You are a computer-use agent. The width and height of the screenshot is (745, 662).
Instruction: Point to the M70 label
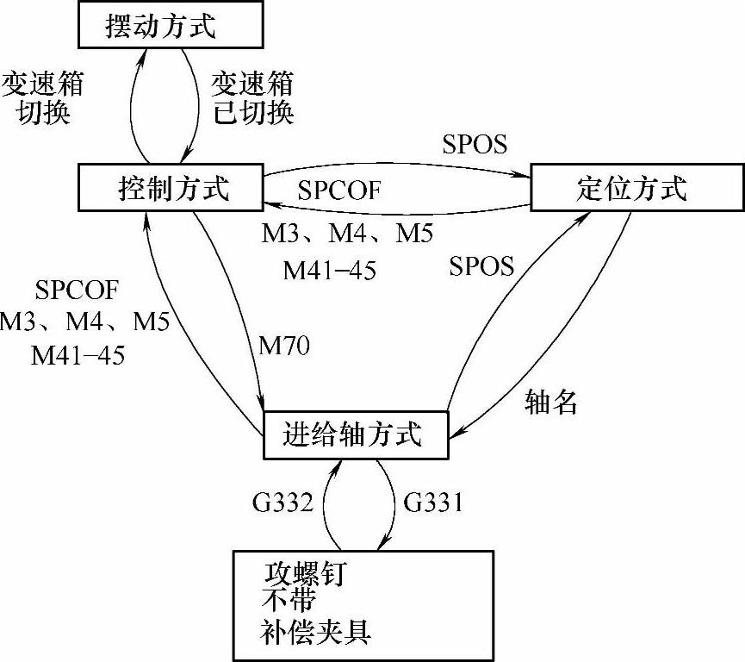[x=284, y=347]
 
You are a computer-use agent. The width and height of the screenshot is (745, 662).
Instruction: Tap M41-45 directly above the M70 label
[x=329, y=271]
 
